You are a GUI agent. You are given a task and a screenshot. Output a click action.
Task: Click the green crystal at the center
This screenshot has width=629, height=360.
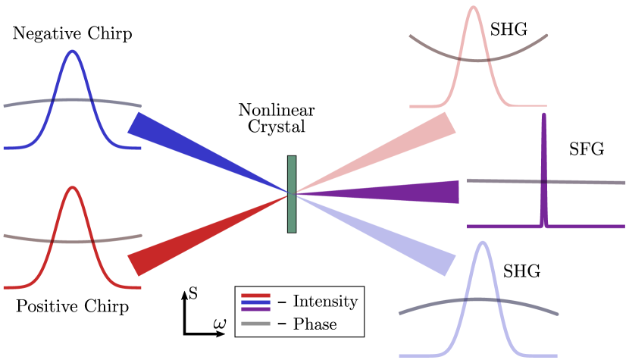point(292,194)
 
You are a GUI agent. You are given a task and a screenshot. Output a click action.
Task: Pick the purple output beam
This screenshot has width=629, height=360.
point(402,193)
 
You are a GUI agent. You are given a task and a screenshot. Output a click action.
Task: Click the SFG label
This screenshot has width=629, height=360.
point(586,149)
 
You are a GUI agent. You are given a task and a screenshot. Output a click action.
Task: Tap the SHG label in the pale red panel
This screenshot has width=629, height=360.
point(508,30)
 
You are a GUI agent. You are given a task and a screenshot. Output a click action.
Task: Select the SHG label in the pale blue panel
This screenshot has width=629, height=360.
point(521,271)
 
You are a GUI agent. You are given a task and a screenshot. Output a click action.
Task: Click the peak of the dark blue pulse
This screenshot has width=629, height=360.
point(73,52)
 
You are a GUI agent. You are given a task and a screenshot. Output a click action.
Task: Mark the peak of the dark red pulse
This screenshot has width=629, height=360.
point(73,188)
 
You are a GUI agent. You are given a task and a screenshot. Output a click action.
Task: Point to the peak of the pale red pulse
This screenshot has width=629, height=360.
point(474,8)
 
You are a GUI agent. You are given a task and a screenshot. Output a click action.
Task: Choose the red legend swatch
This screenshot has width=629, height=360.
point(255,296)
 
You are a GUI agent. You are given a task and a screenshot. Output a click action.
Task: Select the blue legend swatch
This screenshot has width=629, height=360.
point(255,302)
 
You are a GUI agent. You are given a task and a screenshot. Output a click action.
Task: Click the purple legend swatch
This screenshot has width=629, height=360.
point(255,309)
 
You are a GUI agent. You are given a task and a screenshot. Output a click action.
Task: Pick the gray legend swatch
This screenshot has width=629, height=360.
point(255,324)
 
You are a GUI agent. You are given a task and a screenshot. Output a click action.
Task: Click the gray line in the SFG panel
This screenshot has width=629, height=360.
point(500,181)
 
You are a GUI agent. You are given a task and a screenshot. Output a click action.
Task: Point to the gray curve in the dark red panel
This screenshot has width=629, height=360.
point(30,239)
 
